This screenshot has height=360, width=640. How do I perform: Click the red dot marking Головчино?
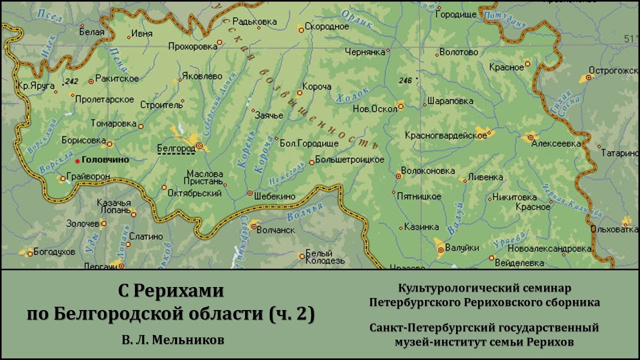coord(77,161)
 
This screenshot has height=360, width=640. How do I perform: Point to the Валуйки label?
coord(462,248)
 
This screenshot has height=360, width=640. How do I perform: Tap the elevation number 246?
coord(405,80)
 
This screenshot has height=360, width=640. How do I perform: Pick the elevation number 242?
coord(71,81)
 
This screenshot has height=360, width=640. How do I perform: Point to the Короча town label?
coord(317,87)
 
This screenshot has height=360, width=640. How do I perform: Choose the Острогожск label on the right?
coord(614,70)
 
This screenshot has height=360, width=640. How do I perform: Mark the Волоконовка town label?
coord(428,171)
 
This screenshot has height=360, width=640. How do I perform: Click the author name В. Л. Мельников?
coord(172,340)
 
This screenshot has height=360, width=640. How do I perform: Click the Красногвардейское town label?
coord(446,135)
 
